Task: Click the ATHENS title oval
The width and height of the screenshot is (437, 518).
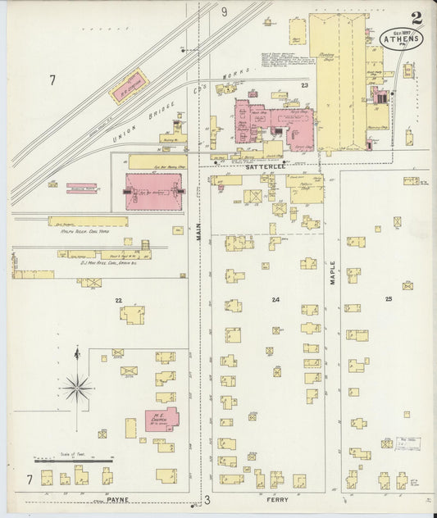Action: click(402, 37)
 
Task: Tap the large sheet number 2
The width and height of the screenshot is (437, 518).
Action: click(418, 17)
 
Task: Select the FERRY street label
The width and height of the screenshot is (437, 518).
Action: click(276, 498)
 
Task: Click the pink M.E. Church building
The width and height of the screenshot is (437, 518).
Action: click(161, 419)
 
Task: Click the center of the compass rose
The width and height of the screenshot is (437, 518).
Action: click(78, 386)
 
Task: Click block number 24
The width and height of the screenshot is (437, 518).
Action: click(276, 299)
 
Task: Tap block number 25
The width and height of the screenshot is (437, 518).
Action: click(389, 299)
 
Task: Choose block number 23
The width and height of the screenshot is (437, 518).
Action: click(303, 86)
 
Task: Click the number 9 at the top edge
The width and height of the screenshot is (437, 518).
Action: click(224, 11)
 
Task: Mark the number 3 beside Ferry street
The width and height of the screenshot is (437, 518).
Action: click(207, 499)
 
